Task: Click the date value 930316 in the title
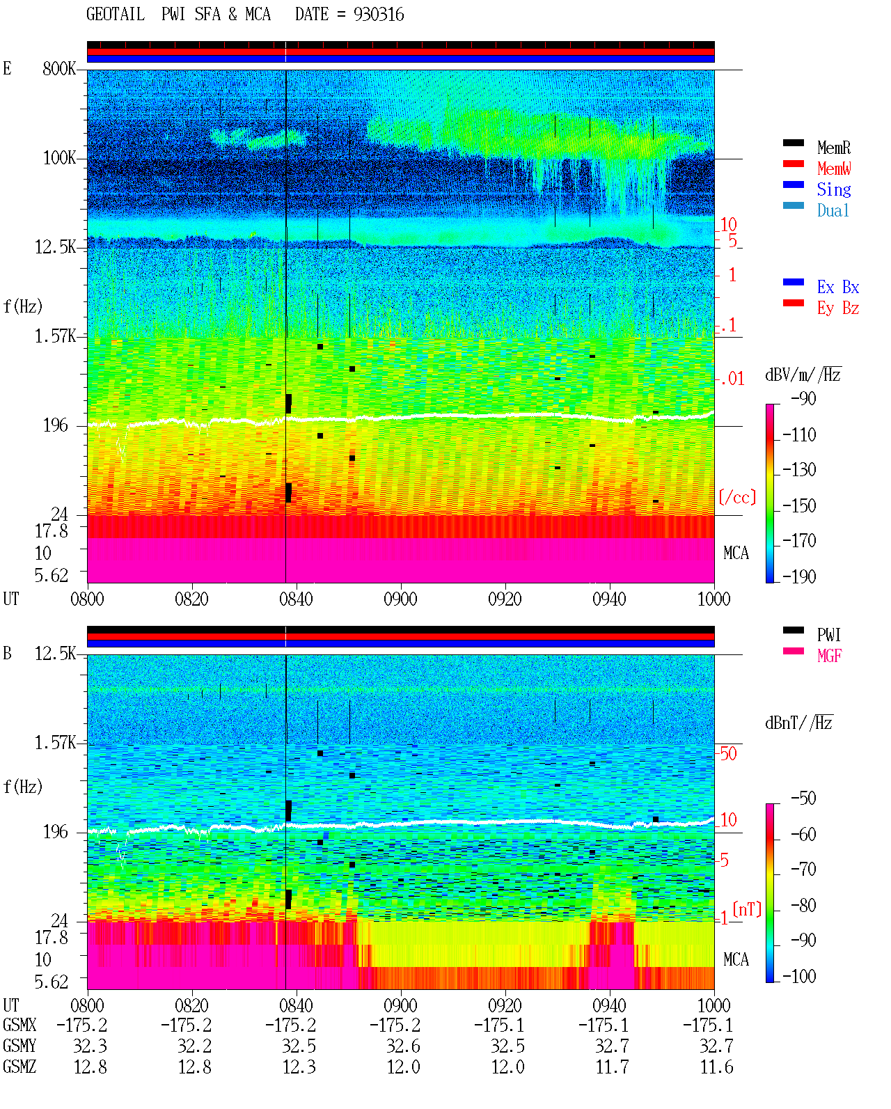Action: (379, 15)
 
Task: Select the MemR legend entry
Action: (833, 148)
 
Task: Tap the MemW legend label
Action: (833, 168)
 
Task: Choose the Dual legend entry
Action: (833, 210)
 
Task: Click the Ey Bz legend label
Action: (837, 308)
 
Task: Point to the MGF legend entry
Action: (829, 656)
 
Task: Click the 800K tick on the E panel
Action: (58, 68)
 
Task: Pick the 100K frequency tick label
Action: (59, 158)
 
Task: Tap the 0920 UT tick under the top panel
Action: (505, 599)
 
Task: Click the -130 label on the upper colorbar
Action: (798, 470)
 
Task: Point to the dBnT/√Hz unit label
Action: (798, 723)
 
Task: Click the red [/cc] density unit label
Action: (737, 497)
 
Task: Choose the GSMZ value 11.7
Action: (612, 1067)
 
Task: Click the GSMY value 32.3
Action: (90, 1046)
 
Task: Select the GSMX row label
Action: (19, 1025)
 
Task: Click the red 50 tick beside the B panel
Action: (728, 753)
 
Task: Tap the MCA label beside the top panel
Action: (736, 553)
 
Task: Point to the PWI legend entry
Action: (828, 635)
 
